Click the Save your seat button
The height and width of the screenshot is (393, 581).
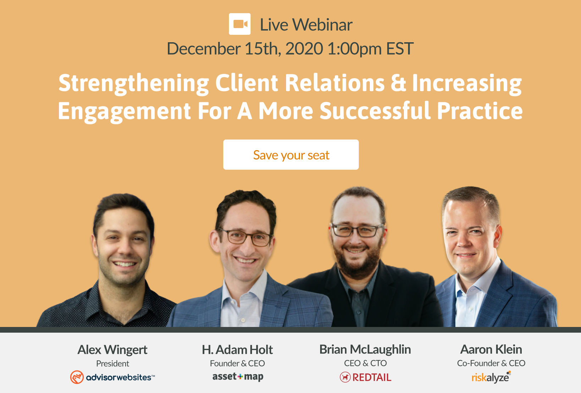(x=291, y=155)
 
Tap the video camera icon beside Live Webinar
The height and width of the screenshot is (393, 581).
(x=240, y=24)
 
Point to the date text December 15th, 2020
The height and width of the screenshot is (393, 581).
(x=245, y=49)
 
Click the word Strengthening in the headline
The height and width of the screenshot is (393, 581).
(x=134, y=83)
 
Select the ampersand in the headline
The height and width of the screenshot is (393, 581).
(x=398, y=83)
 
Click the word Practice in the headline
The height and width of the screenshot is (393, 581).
(x=479, y=111)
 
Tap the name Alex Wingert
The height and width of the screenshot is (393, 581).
(x=113, y=350)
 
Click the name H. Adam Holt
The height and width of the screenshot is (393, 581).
(x=237, y=350)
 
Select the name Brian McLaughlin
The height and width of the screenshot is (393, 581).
(x=365, y=349)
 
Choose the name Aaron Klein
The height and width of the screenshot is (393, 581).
(x=491, y=349)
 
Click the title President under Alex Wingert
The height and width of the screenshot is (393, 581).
(x=113, y=364)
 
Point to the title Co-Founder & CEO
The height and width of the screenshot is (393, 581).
(x=491, y=363)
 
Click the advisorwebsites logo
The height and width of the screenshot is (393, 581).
(x=113, y=377)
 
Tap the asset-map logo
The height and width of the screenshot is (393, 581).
(x=238, y=377)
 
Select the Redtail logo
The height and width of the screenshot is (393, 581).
(x=366, y=377)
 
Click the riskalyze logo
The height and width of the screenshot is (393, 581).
(x=491, y=377)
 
